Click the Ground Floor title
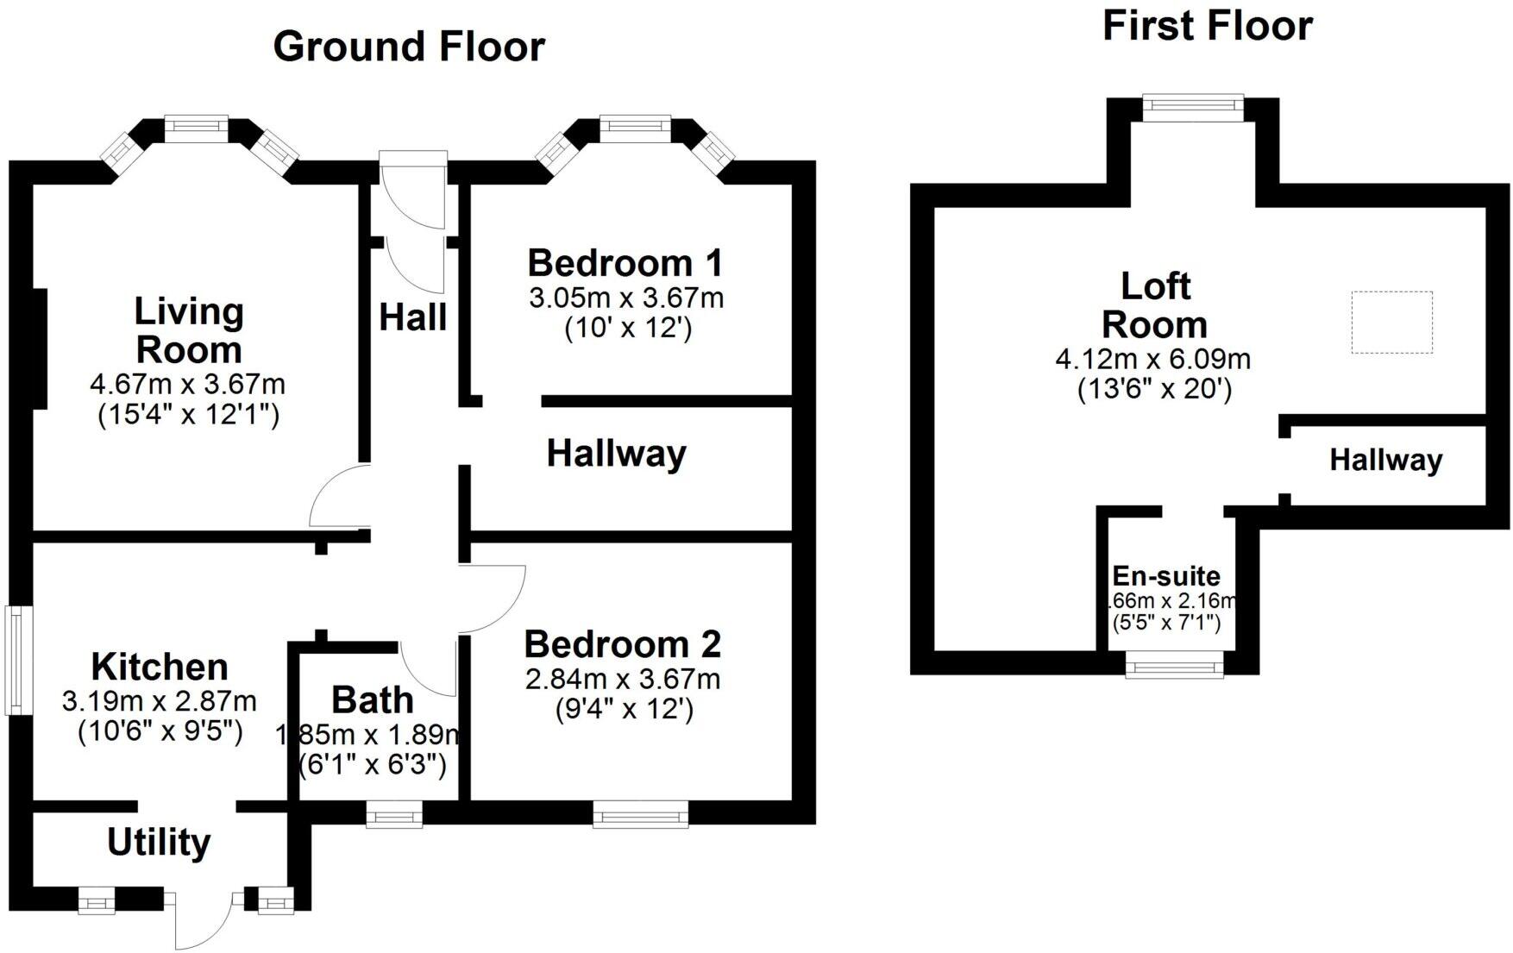click(409, 47)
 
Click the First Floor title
click(1207, 26)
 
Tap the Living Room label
click(189, 331)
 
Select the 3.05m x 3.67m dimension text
click(626, 298)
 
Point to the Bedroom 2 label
click(623, 644)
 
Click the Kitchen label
click(160, 667)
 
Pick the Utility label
click(159, 843)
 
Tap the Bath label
click(372, 700)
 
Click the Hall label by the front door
click(413, 317)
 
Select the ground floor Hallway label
click(617, 454)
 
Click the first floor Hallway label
click(1385, 461)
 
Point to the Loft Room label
click(1154, 305)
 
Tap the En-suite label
click(1166, 576)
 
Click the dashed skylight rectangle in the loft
click(1391, 322)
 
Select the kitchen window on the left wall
click(15, 661)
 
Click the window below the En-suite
click(1174, 665)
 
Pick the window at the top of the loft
click(1193, 107)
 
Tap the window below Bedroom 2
click(640, 813)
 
